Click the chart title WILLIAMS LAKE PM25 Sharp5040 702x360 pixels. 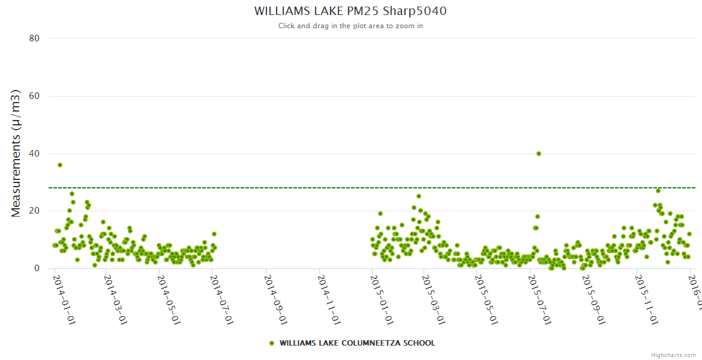tap(350, 11)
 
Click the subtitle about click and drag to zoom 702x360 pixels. tap(350, 26)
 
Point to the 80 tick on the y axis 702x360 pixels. tap(34, 38)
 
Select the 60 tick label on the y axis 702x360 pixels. tap(34, 96)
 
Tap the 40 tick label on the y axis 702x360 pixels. tap(34, 154)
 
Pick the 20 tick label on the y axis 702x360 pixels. tap(34, 211)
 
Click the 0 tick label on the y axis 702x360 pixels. tap(37, 268)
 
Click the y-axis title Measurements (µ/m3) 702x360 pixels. tap(16, 153)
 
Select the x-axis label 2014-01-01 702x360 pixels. tap(64, 300)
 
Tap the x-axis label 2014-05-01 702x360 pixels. tap(169, 300)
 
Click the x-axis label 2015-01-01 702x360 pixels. tap(382, 300)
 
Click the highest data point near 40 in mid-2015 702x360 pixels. tap(539, 154)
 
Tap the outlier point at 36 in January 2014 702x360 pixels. tap(60, 165)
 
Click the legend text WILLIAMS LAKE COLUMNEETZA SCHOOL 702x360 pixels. tap(357, 343)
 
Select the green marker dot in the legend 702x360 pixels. tap(272, 343)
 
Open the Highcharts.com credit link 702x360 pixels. tap(673, 355)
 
